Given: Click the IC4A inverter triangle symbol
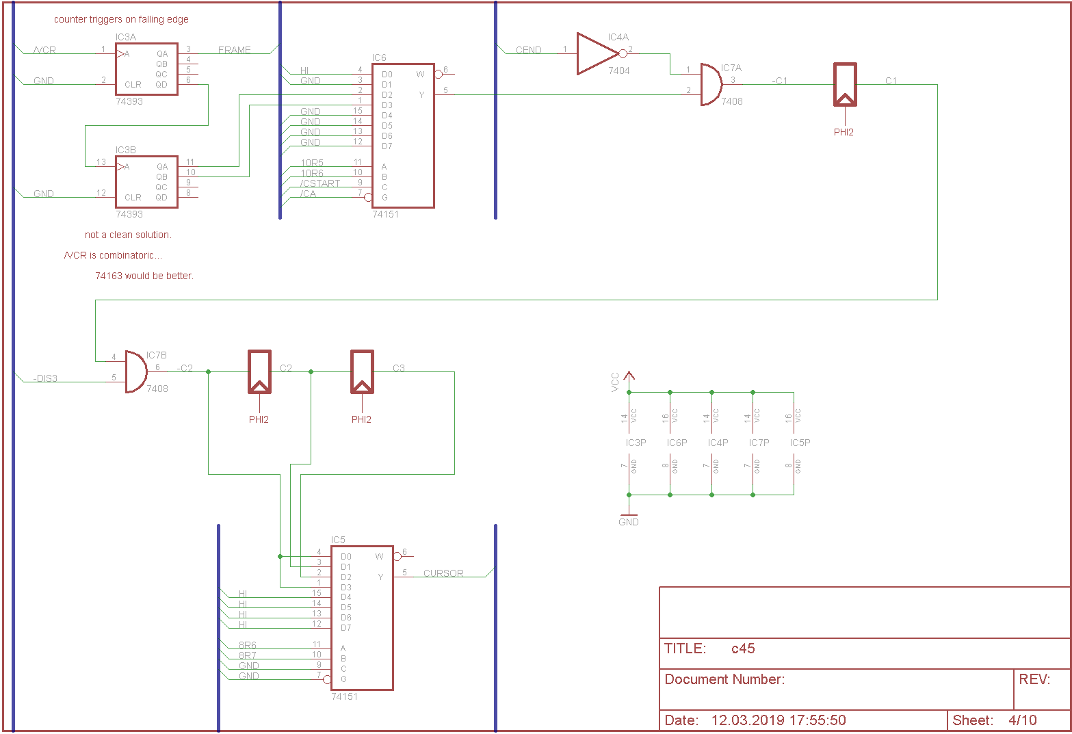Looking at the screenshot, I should tap(597, 53).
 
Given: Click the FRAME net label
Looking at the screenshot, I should tap(235, 50).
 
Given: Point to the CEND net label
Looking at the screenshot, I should tap(528, 50).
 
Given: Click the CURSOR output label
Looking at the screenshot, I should tap(443, 573).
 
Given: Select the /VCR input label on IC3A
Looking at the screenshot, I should tap(45, 50).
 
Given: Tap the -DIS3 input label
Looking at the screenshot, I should tap(45, 378).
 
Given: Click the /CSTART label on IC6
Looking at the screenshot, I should tap(320, 183).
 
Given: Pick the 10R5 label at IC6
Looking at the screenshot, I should tap(312, 163).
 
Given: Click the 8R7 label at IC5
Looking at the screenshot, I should tap(248, 655).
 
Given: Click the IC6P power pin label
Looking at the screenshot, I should tap(677, 443).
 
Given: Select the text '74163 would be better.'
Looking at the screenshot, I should tap(144, 276).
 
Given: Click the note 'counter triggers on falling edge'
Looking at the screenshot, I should tap(121, 19).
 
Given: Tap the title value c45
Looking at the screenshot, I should tap(743, 648).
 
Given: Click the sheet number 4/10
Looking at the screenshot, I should tap(1022, 720).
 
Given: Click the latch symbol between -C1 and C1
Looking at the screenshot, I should tap(845, 85).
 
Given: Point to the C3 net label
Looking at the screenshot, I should tap(399, 368).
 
